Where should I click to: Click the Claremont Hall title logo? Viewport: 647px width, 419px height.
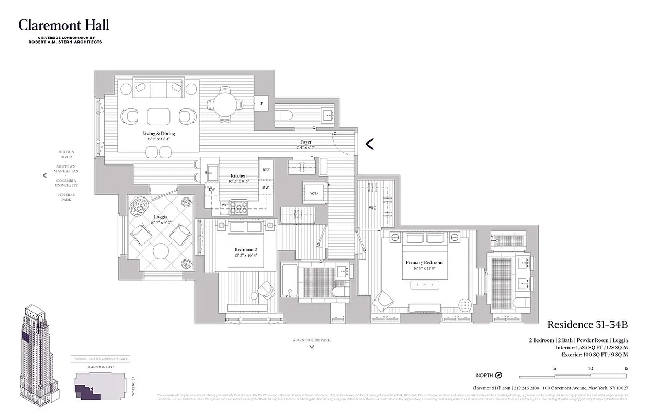coord(64,25)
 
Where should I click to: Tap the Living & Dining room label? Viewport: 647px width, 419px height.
coord(158,134)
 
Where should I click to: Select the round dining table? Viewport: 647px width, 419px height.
coord(224,104)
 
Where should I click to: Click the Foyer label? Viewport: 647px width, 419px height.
coord(305,142)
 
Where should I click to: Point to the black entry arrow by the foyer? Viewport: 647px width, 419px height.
coord(369,144)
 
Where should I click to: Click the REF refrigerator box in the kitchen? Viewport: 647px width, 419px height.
coord(266,170)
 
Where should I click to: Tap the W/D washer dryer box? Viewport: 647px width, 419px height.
coord(314,193)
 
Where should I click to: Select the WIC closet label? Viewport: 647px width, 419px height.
coord(372,208)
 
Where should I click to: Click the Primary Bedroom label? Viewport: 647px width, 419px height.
coord(424,262)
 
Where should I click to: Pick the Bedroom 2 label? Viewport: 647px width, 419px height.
coord(245,250)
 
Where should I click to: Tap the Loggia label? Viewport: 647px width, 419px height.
coord(161,217)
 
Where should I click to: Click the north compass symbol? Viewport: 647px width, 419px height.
coord(498,376)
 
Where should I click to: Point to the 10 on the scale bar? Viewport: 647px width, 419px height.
coord(591,368)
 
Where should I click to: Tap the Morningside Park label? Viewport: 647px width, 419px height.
coord(312,340)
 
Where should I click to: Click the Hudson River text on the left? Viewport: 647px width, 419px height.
coord(66,155)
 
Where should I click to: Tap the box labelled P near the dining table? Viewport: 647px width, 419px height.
coord(262,104)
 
